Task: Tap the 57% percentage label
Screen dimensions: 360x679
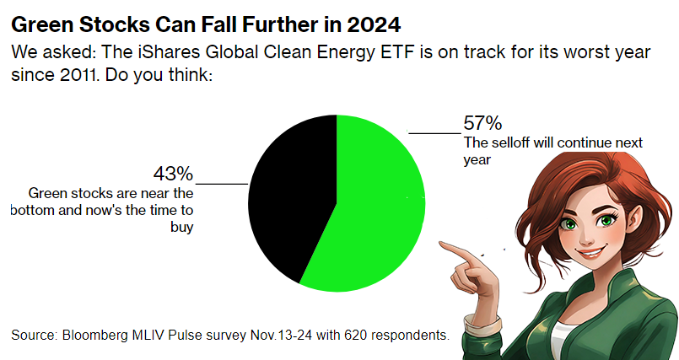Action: click(482, 122)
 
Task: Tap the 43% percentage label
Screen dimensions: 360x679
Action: click(173, 174)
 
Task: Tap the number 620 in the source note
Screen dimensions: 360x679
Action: click(353, 336)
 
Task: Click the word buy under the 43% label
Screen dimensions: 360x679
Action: click(183, 227)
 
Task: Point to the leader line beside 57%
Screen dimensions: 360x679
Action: click(434, 132)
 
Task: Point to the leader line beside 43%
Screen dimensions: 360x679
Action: click(221, 183)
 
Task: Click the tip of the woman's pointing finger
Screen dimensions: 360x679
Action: click(443, 244)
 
